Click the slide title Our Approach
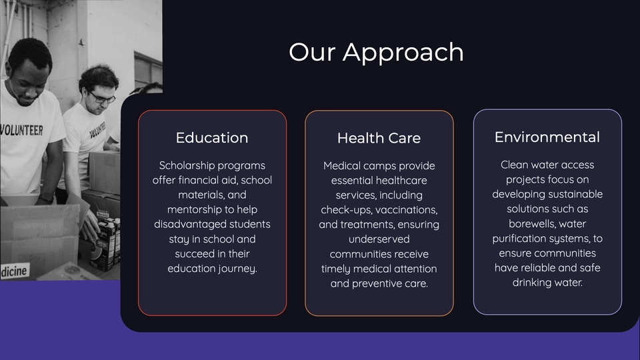pyautogui.click(x=376, y=52)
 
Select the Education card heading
pyautogui.click(x=212, y=137)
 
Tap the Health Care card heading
pyautogui.click(x=379, y=138)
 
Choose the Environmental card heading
pyautogui.click(x=547, y=137)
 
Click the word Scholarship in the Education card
pyautogui.click(x=185, y=166)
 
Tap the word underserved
pyautogui.click(x=379, y=239)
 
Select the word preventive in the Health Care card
pyautogui.click(x=371, y=284)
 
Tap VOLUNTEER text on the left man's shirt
pyautogui.click(x=21, y=130)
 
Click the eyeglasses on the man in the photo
pyautogui.click(x=101, y=98)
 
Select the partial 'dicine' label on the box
pyautogui.click(x=14, y=271)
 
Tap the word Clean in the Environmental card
pyautogui.click(x=514, y=165)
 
